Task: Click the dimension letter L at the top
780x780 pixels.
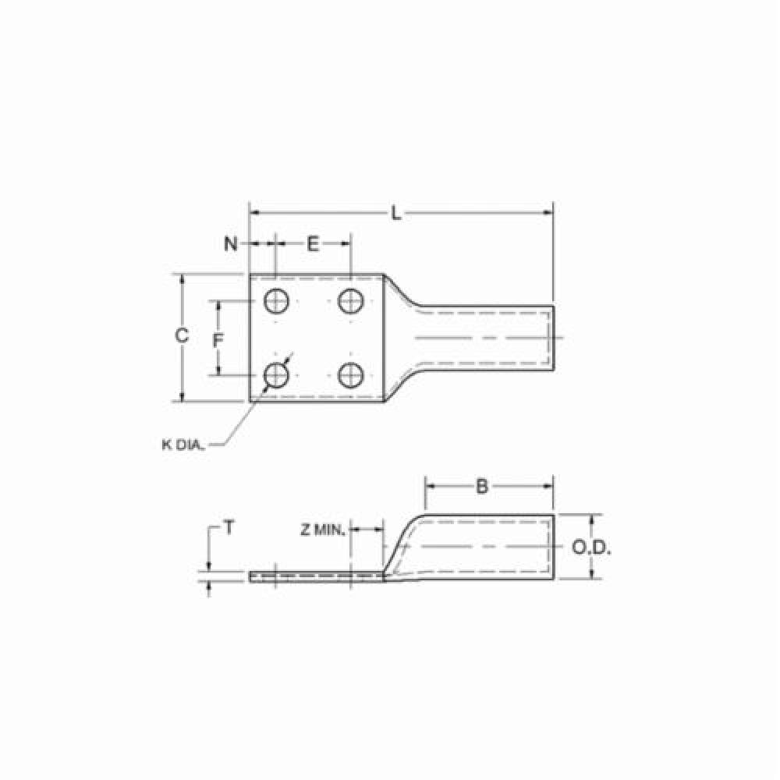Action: click(396, 214)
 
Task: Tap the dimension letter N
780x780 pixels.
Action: click(231, 243)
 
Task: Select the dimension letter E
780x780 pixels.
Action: click(313, 243)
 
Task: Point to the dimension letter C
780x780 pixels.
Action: click(182, 335)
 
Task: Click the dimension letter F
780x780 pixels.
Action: click(218, 341)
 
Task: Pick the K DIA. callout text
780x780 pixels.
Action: click(183, 445)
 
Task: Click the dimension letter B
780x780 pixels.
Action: click(481, 486)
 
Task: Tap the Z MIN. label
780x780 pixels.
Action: click(323, 530)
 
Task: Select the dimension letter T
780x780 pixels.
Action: click(229, 528)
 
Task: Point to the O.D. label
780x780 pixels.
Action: click(591, 548)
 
